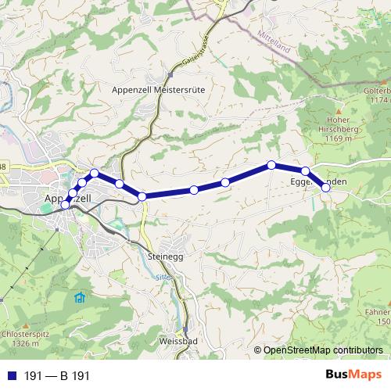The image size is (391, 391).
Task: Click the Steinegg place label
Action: point(165,256)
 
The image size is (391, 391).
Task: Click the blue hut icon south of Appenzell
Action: point(79,297)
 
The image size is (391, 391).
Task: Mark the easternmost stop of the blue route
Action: point(326,188)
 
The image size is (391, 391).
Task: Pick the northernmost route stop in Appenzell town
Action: point(95,173)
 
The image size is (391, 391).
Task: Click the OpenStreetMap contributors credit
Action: point(323,350)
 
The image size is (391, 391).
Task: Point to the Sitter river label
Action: point(162,277)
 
